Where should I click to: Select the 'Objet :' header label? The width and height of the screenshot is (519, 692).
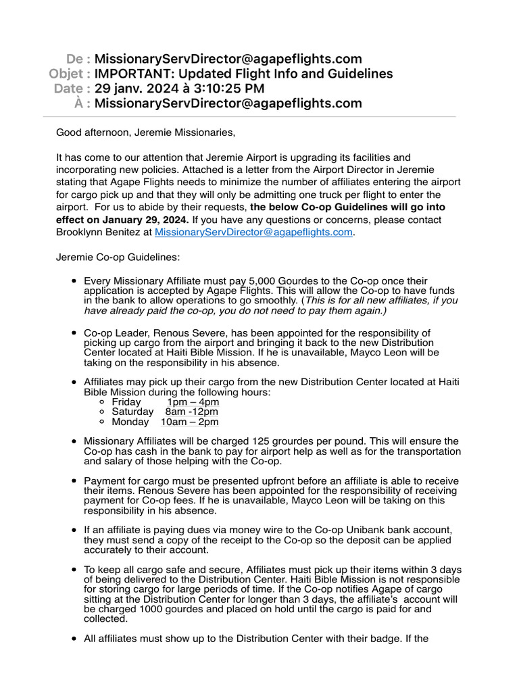pos(70,74)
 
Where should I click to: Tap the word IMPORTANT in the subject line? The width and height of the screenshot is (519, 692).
pos(134,74)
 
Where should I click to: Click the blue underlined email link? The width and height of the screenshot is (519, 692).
pos(253,232)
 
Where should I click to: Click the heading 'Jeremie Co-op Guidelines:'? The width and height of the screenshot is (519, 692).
pos(118,257)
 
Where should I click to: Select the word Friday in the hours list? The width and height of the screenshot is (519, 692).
pos(126,401)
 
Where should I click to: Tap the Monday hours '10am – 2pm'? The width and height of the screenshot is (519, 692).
pos(189,422)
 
